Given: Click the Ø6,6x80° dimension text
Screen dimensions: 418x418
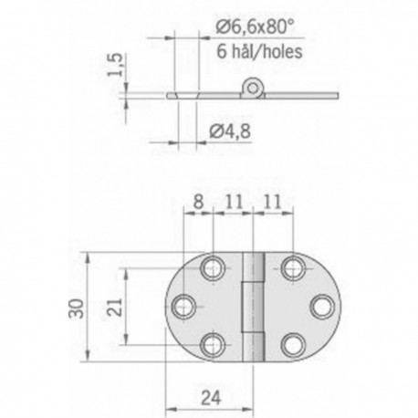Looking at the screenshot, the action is point(256,27).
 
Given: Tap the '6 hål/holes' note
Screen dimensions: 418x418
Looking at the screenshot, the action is point(259,51).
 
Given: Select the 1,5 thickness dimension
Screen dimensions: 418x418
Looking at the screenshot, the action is point(116,65).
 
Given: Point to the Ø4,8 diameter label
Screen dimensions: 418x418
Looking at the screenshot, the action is point(230,131).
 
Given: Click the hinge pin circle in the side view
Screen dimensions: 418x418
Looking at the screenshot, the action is point(252,89).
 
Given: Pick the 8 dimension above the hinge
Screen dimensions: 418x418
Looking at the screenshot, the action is point(198,202).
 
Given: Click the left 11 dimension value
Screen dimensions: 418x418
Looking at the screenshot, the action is point(234,202).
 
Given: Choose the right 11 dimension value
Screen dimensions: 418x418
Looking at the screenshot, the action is point(272,202).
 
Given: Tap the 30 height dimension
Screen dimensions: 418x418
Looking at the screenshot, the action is point(76,308).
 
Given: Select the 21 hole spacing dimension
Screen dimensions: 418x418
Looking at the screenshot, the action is point(115,308).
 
